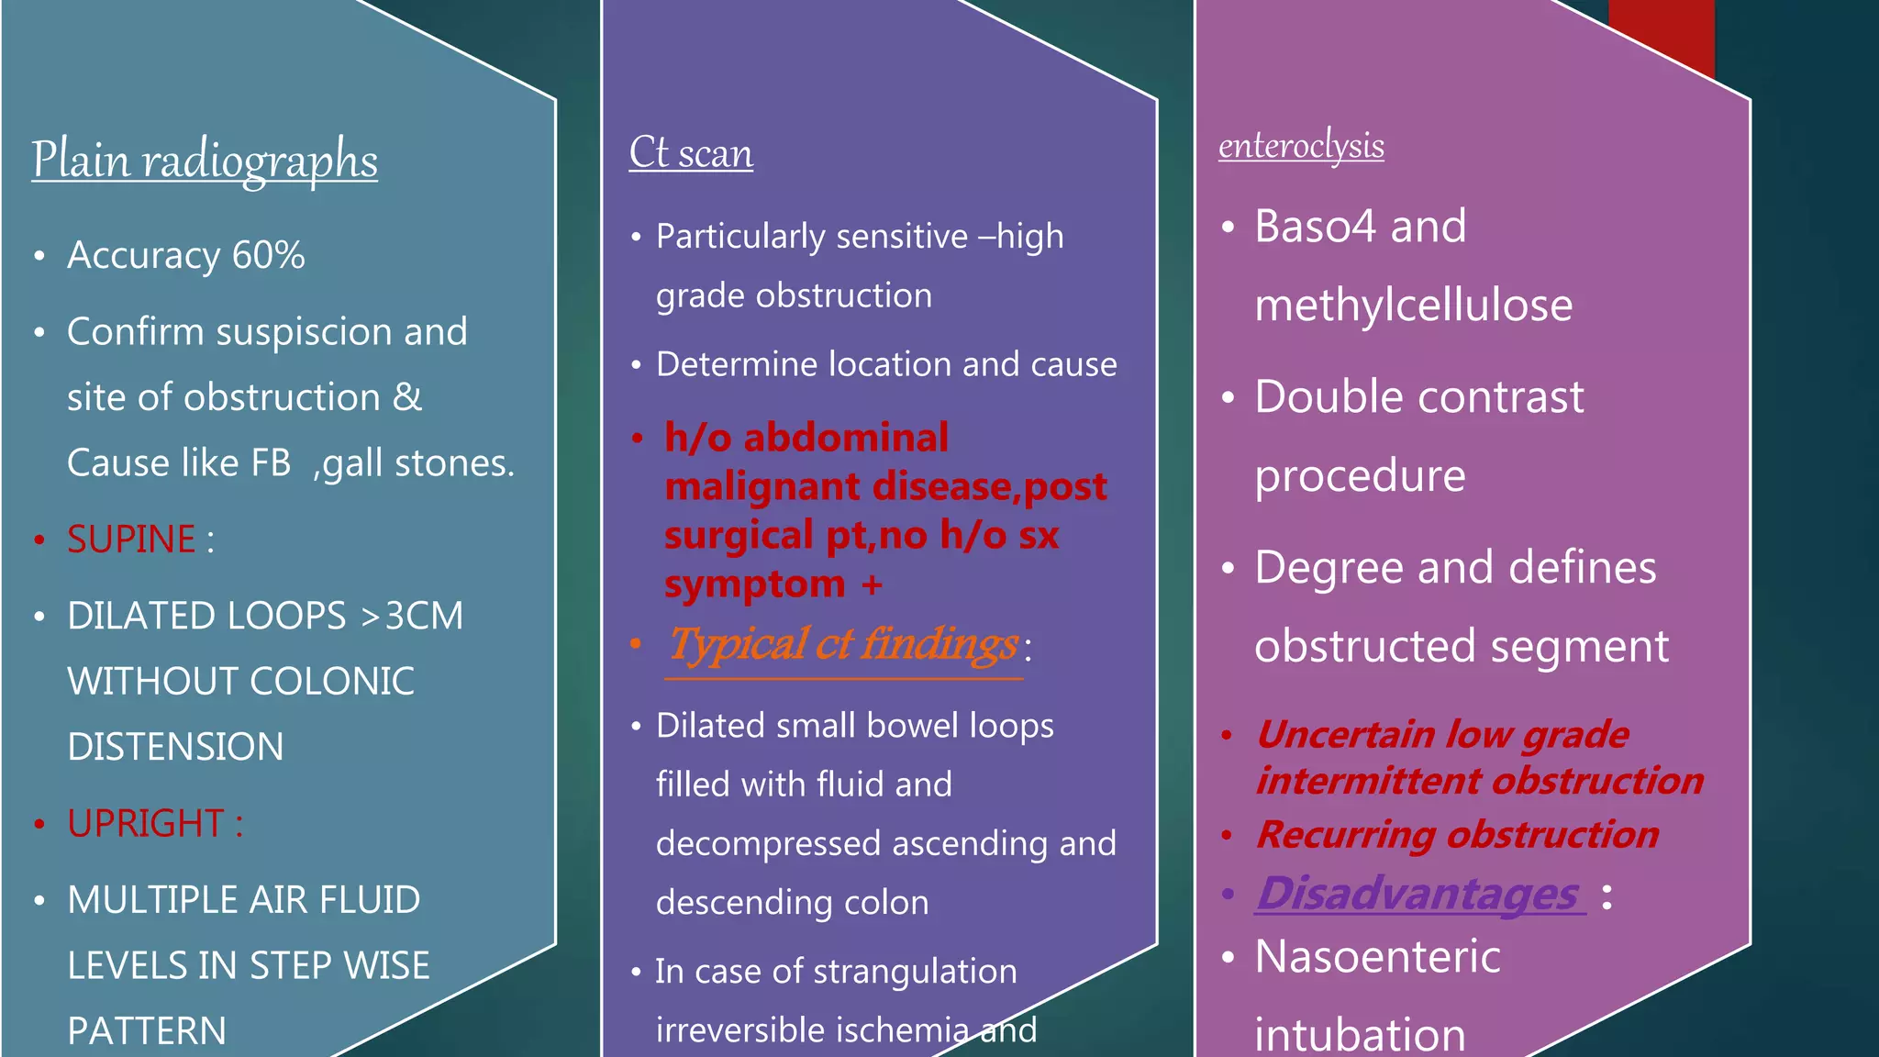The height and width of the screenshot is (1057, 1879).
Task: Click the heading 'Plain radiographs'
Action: [x=205, y=160]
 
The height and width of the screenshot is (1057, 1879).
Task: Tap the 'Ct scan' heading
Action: [x=691, y=152]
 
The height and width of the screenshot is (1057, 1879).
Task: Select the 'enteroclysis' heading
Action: [x=1301, y=146]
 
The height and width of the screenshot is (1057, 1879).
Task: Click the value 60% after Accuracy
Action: [x=268, y=255]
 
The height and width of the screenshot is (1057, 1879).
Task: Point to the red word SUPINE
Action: [x=131, y=540]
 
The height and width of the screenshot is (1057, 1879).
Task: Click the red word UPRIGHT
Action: [x=145, y=824]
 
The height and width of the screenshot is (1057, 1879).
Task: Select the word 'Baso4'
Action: [x=1315, y=227]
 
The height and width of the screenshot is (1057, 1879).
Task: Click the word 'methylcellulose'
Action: [x=1413, y=305]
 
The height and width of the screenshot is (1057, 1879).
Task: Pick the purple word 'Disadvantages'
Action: [x=1418, y=894]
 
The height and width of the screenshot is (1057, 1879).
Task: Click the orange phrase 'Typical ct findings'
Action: [x=842, y=644]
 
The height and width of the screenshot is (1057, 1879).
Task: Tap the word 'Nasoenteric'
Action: [x=1377, y=957]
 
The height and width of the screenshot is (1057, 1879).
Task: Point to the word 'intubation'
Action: [x=1360, y=1034]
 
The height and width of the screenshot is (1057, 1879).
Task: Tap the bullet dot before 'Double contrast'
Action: [x=1229, y=398]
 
